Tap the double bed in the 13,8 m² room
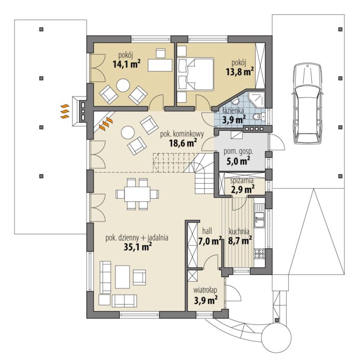click(x=196, y=74)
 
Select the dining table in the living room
click(x=137, y=194)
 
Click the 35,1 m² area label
click(x=138, y=247)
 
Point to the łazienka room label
click(x=233, y=110)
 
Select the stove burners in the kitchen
click(x=259, y=254)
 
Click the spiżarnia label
click(x=242, y=181)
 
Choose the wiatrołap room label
click(x=205, y=290)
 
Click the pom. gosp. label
click(x=238, y=152)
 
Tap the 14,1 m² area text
click(x=127, y=64)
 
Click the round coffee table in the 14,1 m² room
click(x=123, y=85)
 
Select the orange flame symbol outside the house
click(x=65, y=112)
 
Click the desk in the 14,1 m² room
click(x=160, y=65)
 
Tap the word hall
click(x=207, y=231)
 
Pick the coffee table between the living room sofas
click(x=122, y=277)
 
